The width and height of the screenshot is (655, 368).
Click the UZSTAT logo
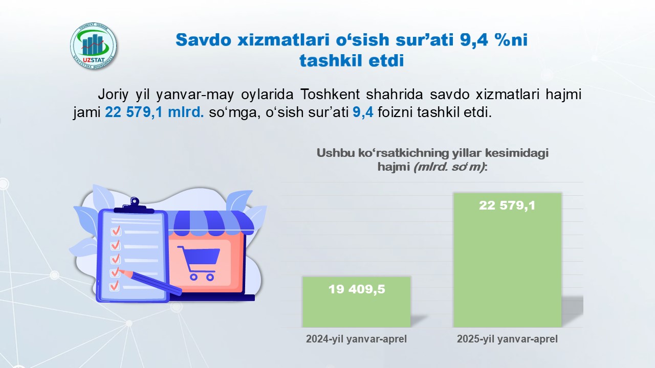click(x=93, y=46)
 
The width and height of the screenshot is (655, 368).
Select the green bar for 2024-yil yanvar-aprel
click(x=357, y=302)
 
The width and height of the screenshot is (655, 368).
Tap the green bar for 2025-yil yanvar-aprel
click(x=507, y=260)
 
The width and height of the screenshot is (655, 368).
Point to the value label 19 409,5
click(x=357, y=289)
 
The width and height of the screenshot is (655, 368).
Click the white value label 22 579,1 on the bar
click(x=507, y=205)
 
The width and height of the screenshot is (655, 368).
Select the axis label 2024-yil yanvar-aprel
click(x=357, y=339)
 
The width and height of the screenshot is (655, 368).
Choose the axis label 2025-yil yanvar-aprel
click(x=507, y=339)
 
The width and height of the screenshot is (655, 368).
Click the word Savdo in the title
click(x=204, y=40)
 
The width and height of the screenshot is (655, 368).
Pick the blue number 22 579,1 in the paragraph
click(x=134, y=112)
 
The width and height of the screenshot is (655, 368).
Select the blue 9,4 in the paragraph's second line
click(x=363, y=112)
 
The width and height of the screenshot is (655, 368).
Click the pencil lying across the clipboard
click(x=150, y=282)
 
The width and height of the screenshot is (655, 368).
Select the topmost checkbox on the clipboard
click(x=116, y=231)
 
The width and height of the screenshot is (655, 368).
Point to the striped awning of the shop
click(x=214, y=221)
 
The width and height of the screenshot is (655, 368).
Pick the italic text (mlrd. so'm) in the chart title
click(x=449, y=167)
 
